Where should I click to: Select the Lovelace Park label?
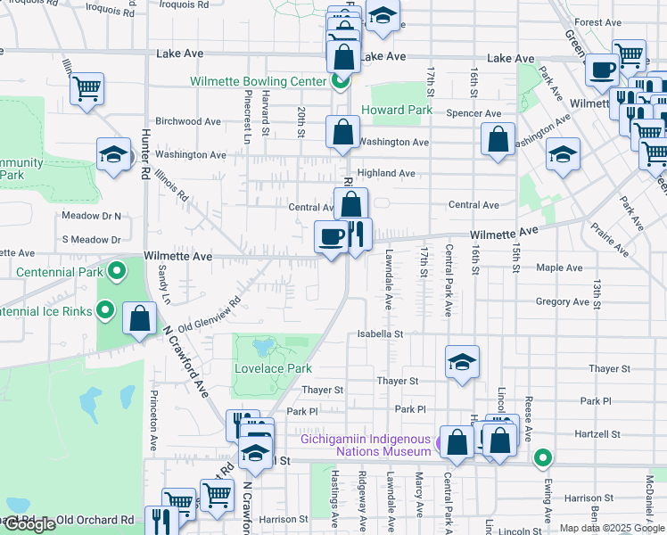pyautogui.click(x=273, y=368)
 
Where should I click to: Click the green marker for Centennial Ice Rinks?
pyautogui.click(x=104, y=310)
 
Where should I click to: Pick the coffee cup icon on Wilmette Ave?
pyautogui.click(x=331, y=237)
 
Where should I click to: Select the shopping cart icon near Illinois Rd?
pyautogui.click(x=87, y=88)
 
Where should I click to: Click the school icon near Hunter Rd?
pyautogui.click(x=114, y=154)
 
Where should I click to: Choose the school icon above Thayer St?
pyautogui.click(x=461, y=362)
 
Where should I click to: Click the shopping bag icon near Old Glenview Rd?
pyautogui.click(x=140, y=318)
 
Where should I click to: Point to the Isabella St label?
pyautogui.click(x=381, y=334)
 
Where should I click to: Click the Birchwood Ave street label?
pyautogui.click(x=188, y=121)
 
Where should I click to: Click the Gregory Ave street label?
pyautogui.click(x=562, y=302)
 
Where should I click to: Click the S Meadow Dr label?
pyautogui.click(x=91, y=240)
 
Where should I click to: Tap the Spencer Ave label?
pyautogui.click(x=473, y=114)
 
